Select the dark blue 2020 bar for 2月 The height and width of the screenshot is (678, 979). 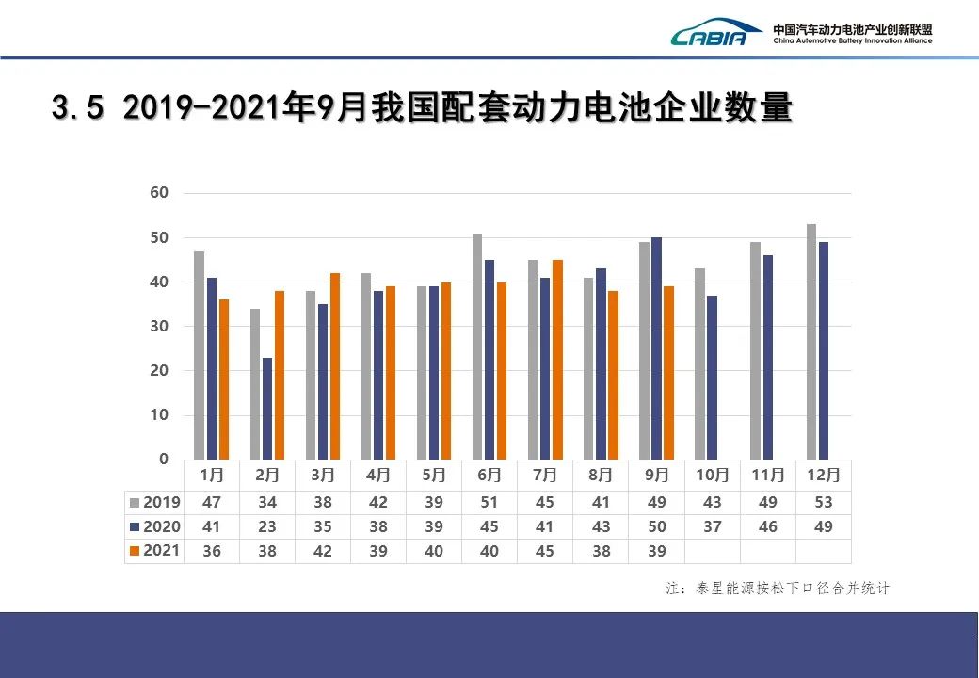click(x=268, y=409)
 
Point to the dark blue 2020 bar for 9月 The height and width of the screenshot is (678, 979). click(x=656, y=348)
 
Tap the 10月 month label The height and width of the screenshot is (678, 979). click(x=713, y=476)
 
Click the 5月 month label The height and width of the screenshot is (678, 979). click(x=433, y=476)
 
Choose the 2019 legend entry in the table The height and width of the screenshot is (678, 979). click(x=155, y=503)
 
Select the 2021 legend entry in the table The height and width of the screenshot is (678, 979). click(x=155, y=551)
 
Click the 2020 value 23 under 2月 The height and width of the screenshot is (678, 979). click(x=267, y=527)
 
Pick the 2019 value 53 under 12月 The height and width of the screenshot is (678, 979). click(x=824, y=503)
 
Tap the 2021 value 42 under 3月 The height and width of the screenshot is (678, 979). click(x=323, y=551)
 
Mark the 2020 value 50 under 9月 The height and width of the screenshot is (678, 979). click(x=656, y=527)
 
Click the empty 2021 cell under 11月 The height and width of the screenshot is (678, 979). click(x=768, y=551)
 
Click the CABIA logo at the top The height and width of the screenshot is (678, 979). click(x=715, y=34)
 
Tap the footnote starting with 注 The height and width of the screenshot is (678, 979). click(x=778, y=589)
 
